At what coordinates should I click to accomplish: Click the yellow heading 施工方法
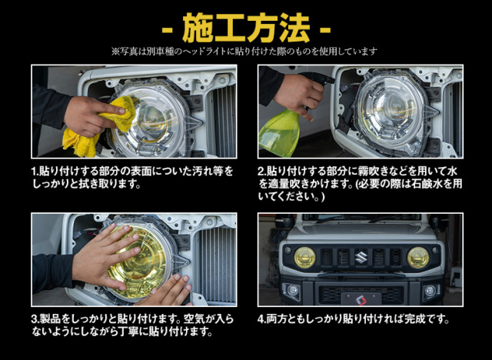point(246,28)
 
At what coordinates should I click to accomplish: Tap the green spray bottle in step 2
point(278,132)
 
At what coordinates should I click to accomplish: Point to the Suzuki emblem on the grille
point(361,257)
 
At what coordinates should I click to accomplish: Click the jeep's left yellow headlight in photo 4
point(304,258)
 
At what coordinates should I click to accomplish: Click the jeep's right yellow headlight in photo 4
point(418,258)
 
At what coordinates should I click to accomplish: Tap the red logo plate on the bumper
point(361,299)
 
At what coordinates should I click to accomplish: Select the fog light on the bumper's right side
point(430,291)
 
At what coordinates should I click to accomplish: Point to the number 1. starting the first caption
point(35,172)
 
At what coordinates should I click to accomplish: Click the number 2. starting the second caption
point(262,172)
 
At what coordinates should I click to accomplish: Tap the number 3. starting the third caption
point(35,319)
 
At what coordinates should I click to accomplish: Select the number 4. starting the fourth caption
point(262,319)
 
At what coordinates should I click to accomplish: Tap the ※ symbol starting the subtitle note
point(115,51)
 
